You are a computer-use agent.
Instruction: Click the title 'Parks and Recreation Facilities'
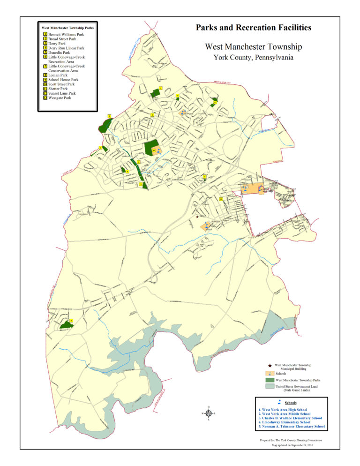point(253,28)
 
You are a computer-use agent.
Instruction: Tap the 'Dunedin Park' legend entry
point(60,52)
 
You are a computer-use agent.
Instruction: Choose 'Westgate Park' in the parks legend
point(60,98)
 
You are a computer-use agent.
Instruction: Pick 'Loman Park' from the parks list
point(58,75)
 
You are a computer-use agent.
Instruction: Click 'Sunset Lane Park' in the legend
point(62,93)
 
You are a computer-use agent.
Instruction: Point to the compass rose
point(209,413)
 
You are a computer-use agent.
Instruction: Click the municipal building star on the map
point(197,217)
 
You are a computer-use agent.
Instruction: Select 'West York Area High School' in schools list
point(283,409)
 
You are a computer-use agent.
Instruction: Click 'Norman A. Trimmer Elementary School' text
point(291,427)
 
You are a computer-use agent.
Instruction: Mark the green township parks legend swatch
point(269,380)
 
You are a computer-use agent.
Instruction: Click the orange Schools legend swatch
point(269,373)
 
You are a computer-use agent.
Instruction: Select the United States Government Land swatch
point(269,387)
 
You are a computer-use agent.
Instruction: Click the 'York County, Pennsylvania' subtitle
point(253,57)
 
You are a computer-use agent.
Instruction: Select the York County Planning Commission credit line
point(291,440)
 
